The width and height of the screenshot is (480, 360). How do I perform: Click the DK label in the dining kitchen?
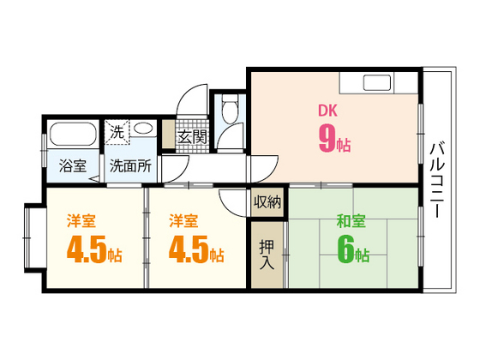327,111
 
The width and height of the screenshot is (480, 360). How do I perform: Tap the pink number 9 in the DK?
326,140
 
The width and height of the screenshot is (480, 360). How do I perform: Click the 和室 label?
351,222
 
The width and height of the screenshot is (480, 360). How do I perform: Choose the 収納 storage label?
267,202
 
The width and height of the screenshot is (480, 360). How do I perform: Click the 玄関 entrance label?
192,136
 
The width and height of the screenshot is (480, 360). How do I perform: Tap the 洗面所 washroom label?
130,166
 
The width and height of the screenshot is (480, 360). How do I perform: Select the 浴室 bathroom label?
72,166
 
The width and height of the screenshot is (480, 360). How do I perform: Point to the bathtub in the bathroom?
74,135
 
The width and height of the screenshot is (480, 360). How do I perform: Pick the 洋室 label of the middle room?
178,219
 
